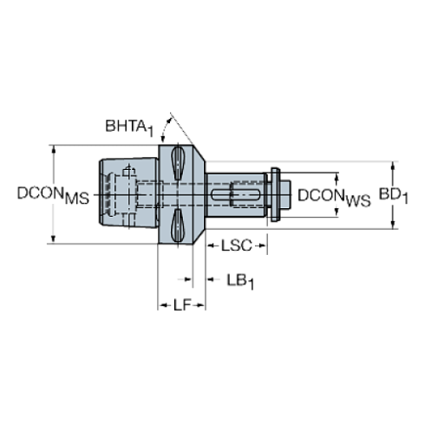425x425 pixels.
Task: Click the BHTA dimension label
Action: click(129, 127)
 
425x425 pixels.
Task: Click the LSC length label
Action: click(235, 246)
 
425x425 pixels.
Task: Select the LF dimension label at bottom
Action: click(181, 304)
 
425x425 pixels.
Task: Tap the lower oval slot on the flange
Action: click(177, 227)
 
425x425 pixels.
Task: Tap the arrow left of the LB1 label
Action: click(183, 280)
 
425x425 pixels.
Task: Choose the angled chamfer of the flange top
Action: click(199, 159)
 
